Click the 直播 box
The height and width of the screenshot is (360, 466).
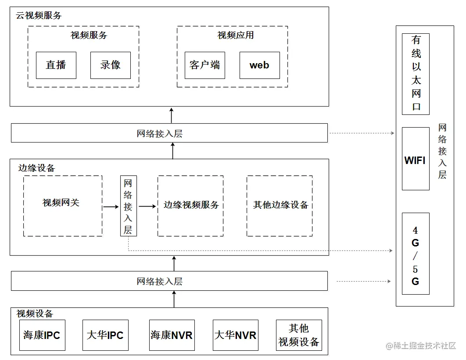point(56,65)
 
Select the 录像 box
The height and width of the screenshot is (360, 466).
point(110,65)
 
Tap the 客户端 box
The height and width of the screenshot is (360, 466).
point(204,65)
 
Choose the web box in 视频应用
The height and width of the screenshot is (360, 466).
point(259,65)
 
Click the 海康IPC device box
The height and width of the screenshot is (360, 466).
point(42,335)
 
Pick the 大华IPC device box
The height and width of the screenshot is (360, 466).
point(105,335)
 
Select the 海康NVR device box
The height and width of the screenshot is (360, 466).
point(172,335)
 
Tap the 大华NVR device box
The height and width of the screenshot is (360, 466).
point(235,335)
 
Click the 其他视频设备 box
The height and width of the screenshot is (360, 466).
point(299,335)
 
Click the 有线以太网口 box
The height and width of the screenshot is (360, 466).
point(416,74)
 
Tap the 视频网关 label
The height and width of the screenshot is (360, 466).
point(61,203)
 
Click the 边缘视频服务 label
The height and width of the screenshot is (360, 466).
point(191,205)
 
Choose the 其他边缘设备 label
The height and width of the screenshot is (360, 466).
point(280,205)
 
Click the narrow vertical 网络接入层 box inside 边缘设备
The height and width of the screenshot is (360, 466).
point(128,206)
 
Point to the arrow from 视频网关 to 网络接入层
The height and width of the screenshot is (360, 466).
point(111,206)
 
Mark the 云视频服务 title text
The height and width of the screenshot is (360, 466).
point(39,15)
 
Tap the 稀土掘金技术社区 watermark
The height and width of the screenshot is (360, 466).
point(421,346)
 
